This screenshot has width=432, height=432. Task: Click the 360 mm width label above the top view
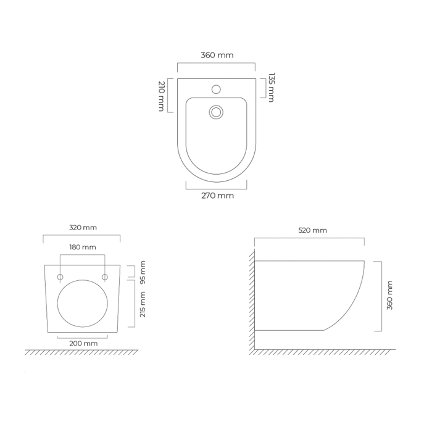(x=217, y=55)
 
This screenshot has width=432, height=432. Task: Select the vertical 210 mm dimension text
(x=161, y=96)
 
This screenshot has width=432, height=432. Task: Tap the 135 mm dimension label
(x=272, y=88)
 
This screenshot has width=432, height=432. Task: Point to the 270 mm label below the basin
(x=217, y=196)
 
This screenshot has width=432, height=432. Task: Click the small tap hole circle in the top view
(x=216, y=89)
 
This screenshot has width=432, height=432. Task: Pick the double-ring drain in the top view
(x=216, y=112)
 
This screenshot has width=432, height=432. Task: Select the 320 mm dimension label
(x=83, y=227)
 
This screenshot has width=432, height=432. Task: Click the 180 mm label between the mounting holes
(x=83, y=247)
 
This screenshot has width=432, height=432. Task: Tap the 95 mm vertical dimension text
(x=143, y=272)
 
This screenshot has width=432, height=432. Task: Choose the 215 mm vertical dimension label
(x=143, y=304)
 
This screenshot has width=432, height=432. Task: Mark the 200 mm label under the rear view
(x=83, y=343)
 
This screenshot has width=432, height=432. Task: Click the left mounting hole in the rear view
(x=60, y=276)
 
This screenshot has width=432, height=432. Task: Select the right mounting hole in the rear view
(x=105, y=276)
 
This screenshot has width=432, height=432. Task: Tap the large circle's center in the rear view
(x=83, y=304)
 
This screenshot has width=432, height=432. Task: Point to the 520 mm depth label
(x=312, y=230)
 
